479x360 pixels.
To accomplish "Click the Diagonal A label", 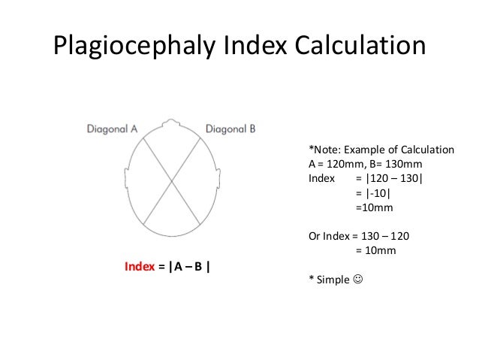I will click(112, 129).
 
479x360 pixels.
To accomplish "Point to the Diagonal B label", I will click(230, 129).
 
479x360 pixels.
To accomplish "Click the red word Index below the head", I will click(139, 267).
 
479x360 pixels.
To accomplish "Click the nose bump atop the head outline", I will click(175, 120).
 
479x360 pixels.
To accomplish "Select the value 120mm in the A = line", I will click(345, 164).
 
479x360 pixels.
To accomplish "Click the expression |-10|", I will click(372, 193).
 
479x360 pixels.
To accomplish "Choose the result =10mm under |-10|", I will click(372, 207).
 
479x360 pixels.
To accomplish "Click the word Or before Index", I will click(315, 236).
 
